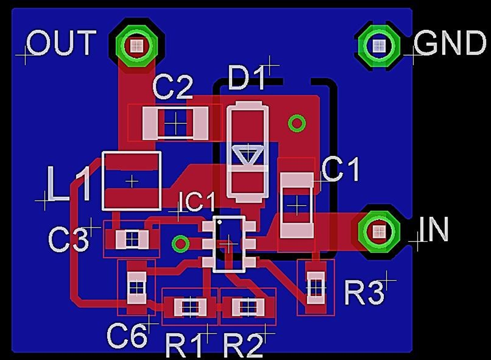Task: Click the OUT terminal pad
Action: pos(136,46)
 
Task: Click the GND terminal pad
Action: pos(379,46)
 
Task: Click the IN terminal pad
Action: pos(379,232)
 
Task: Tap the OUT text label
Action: pos(61,42)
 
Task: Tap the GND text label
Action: pos(450,42)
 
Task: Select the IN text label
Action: pos(433,229)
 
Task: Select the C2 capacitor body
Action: pos(175,123)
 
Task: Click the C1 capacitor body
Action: pos(297,205)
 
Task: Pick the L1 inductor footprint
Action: pos(132,181)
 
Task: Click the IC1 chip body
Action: pos(229,244)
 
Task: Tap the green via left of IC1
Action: pos(180,243)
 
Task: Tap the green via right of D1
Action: pos(297,123)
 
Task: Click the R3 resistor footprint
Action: pos(316,288)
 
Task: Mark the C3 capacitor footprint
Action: pos(132,240)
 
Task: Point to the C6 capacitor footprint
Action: pos(136,288)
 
